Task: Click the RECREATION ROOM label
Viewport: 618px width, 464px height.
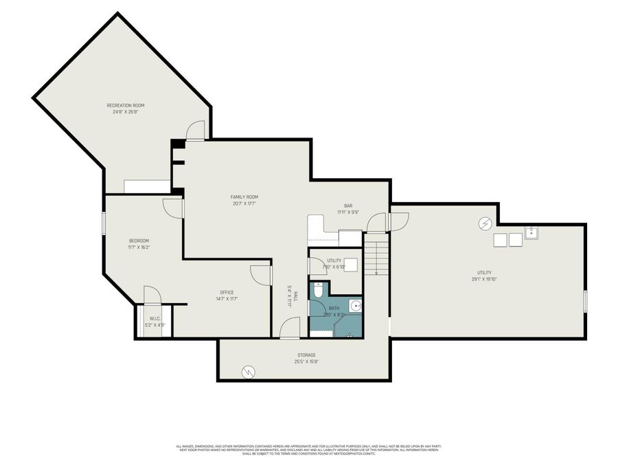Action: pyautogui.click(x=126, y=105)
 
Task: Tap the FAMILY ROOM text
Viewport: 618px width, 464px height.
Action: pyautogui.click(x=244, y=197)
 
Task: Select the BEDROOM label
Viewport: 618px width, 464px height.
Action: pyautogui.click(x=139, y=241)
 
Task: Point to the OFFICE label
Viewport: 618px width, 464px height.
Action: pyautogui.click(x=227, y=292)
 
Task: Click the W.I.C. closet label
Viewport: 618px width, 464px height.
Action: pyautogui.click(x=154, y=318)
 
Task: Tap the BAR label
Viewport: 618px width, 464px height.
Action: pyautogui.click(x=348, y=206)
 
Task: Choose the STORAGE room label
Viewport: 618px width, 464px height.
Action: pyautogui.click(x=306, y=355)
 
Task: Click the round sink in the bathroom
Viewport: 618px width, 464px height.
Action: pyautogui.click(x=354, y=306)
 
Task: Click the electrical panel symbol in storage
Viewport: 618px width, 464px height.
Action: pyautogui.click(x=247, y=372)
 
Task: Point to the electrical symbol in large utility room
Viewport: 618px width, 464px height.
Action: pyautogui.click(x=485, y=223)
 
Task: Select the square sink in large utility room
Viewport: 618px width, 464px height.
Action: pyautogui.click(x=531, y=232)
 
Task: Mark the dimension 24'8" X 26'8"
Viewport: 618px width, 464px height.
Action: pyautogui.click(x=126, y=111)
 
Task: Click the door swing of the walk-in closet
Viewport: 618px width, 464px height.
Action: pyautogui.click(x=152, y=294)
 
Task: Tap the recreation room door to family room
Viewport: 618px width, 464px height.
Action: pyautogui.click(x=195, y=131)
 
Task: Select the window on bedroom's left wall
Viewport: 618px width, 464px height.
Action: pyautogui.click(x=104, y=223)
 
